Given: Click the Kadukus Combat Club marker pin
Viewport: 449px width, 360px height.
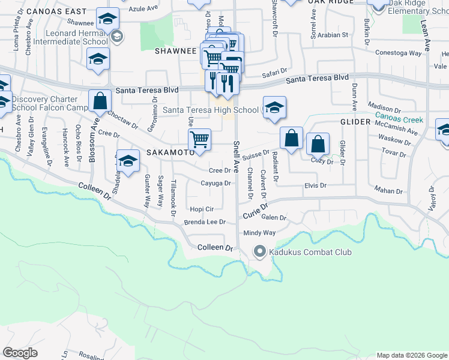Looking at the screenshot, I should [x=259, y=251].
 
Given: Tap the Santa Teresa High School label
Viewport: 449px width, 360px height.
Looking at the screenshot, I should [x=210, y=110].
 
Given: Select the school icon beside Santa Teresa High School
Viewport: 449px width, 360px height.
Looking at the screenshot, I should [x=274, y=108].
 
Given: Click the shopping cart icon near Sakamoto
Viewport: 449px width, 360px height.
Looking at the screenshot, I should [x=199, y=140].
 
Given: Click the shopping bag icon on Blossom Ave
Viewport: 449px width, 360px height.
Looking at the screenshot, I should [x=100, y=102].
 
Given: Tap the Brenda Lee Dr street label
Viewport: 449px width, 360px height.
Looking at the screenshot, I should [x=204, y=221].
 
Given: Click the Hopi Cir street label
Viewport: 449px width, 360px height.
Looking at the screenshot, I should [x=202, y=209].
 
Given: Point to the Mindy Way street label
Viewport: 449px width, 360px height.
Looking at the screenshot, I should [x=259, y=233].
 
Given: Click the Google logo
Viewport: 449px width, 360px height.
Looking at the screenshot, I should [x=20, y=353].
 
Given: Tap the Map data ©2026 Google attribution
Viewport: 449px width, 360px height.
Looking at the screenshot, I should [x=412, y=355].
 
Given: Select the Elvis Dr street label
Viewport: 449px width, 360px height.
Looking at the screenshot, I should [x=315, y=186].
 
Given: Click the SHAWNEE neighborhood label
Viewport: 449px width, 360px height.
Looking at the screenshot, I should [x=176, y=52].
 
